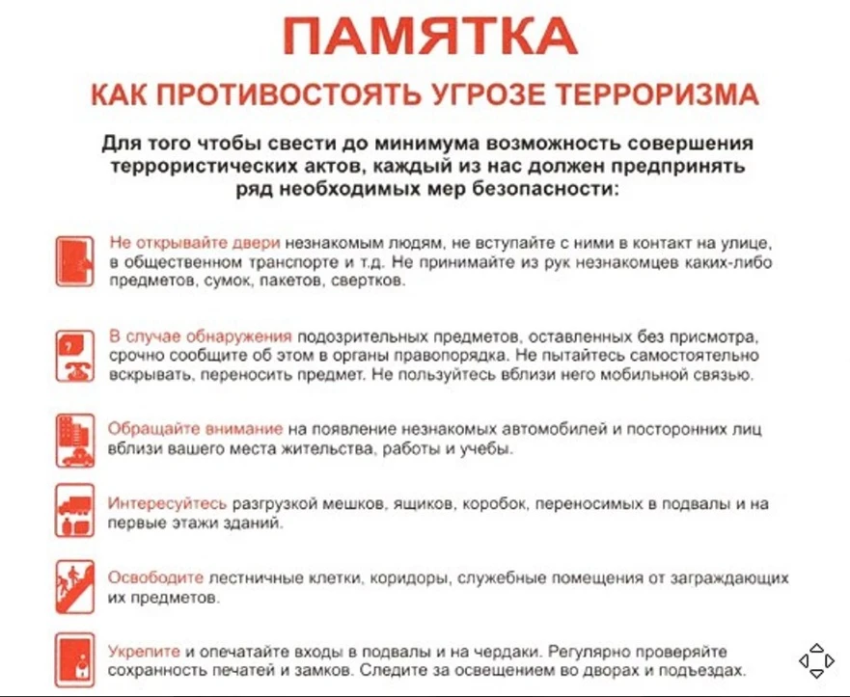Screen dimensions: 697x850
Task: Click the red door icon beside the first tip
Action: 74,258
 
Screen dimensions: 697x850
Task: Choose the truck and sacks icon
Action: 74,511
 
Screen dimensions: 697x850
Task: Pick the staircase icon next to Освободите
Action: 74,586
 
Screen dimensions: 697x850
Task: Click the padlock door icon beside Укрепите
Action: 74,659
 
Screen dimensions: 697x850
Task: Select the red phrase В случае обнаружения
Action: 200,336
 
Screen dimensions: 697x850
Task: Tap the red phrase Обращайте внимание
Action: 195,429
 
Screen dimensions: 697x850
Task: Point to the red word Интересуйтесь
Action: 167,504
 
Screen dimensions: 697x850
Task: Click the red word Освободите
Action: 155,578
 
